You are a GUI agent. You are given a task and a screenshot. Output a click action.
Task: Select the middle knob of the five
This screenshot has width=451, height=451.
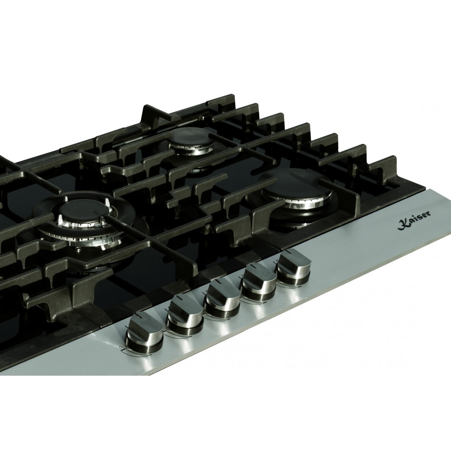point(223,298)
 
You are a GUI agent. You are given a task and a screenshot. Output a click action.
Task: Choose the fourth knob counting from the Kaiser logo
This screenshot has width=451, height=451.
point(185,316)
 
